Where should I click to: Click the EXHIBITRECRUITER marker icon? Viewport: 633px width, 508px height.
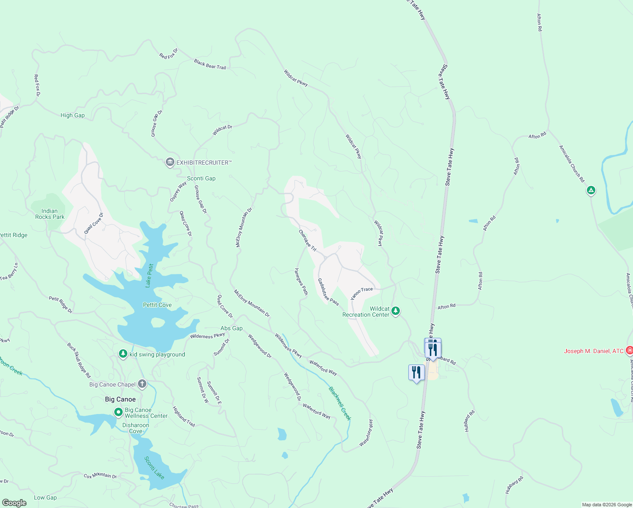click(170, 163)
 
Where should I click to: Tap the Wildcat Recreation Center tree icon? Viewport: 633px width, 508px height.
click(396, 311)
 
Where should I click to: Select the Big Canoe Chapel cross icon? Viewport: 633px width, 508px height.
click(142, 384)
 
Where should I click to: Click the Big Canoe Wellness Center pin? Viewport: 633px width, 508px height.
click(118, 412)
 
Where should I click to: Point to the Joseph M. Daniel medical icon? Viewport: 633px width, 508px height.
click(629, 351)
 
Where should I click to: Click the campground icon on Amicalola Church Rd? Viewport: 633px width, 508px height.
click(591, 190)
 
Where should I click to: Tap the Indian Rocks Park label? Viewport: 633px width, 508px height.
click(50, 214)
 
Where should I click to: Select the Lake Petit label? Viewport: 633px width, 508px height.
click(149, 276)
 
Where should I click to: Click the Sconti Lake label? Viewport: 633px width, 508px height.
click(154, 467)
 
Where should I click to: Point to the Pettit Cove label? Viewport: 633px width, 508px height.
click(157, 305)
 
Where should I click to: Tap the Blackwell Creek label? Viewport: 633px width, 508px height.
click(340, 403)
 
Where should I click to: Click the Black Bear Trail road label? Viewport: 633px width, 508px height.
click(210, 64)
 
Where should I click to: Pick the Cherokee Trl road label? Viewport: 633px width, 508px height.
click(308, 240)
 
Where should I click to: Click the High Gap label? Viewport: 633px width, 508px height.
click(72, 115)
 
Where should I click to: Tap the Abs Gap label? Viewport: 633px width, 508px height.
click(231, 328)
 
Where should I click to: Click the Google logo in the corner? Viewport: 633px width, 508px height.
click(14, 503)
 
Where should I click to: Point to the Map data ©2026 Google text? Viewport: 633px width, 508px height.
click(607, 505)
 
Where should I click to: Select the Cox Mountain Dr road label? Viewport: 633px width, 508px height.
click(100, 476)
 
